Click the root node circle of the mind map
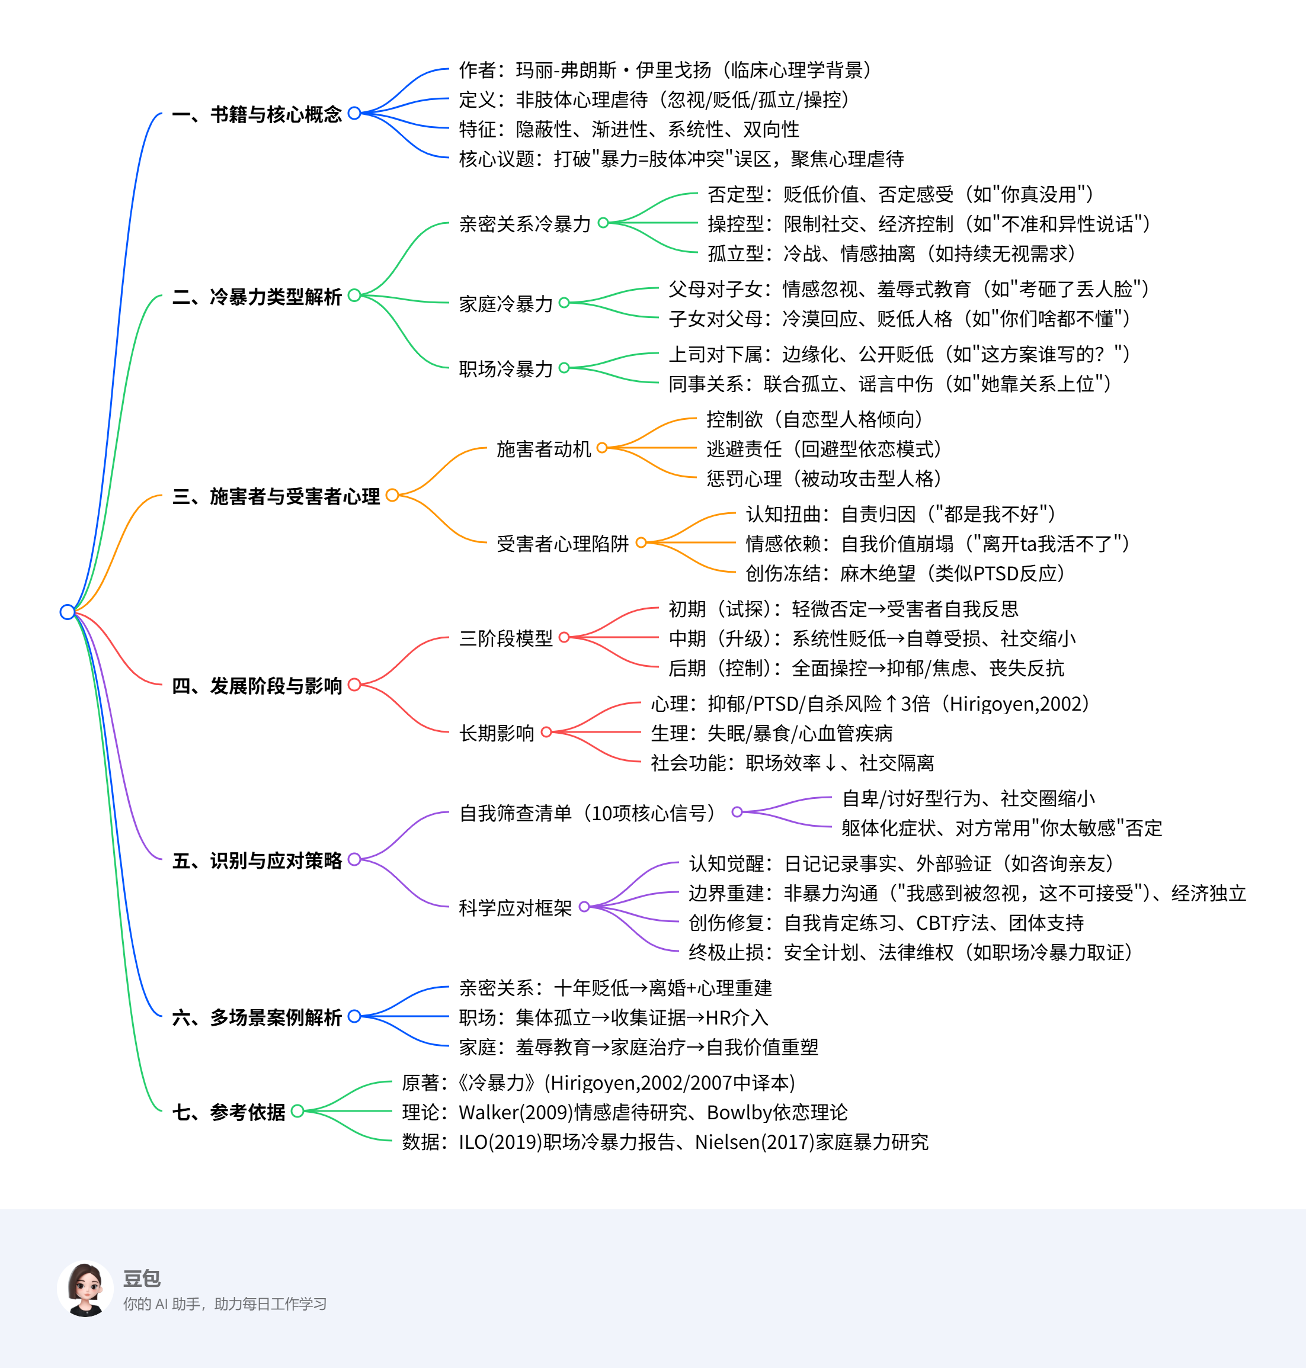[x=68, y=612]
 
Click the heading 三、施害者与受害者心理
[x=276, y=496]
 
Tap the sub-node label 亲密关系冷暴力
[x=524, y=224]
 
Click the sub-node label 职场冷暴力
[x=505, y=368]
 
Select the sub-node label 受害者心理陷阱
[x=562, y=544]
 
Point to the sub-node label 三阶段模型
[x=505, y=638]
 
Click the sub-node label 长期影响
[x=497, y=733]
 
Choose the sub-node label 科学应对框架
[x=514, y=907]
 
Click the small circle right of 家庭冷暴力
[x=564, y=303]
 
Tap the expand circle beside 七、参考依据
[x=297, y=1111]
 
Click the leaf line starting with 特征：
[x=629, y=130]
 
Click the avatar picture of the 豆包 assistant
[x=85, y=1288]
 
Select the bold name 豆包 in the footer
[x=142, y=1278]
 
